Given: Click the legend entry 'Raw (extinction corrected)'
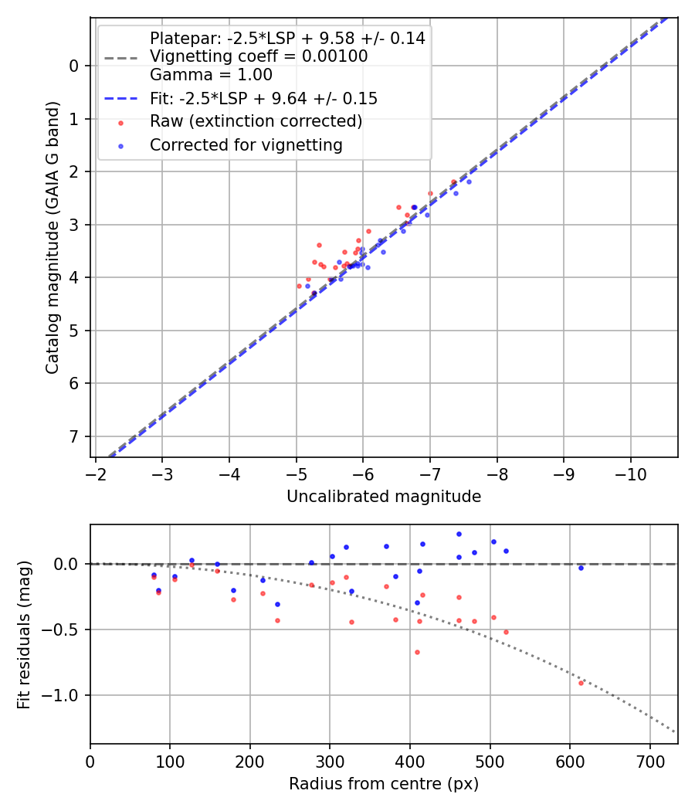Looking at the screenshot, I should (x=256, y=122).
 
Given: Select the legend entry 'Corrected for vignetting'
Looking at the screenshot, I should (x=246, y=144).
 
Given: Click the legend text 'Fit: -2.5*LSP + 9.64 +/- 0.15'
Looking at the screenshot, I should (x=263, y=99).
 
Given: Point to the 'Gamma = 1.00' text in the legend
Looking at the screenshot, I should (x=211, y=75).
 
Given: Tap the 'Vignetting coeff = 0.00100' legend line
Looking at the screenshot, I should (x=259, y=56).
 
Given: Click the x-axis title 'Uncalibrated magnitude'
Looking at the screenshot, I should (x=384, y=497).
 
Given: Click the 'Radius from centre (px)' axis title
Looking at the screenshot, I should (x=384, y=784).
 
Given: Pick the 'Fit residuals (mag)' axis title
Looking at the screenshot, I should (x=24, y=634).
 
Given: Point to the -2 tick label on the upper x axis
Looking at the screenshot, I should (x=96, y=473).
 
